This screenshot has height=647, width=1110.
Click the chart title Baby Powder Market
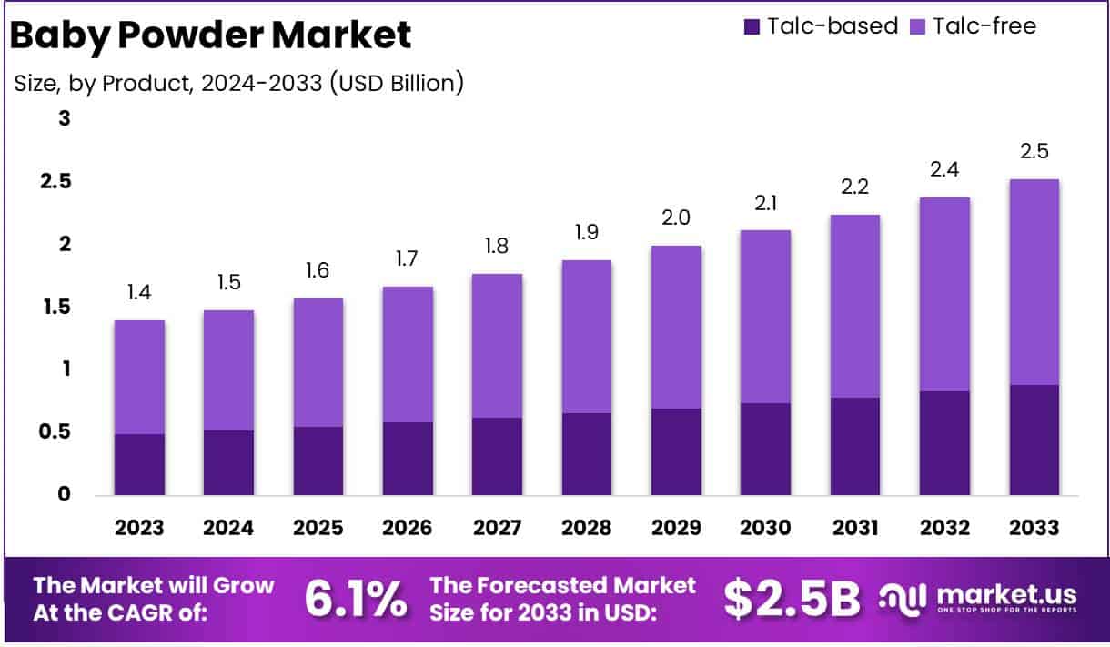click(211, 35)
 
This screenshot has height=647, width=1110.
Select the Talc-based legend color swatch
click(751, 26)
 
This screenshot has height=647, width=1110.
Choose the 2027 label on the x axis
click(498, 528)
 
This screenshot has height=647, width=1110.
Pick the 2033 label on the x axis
click(1034, 528)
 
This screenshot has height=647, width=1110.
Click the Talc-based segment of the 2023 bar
click(139, 464)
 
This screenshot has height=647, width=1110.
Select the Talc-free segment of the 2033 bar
click(1034, 282)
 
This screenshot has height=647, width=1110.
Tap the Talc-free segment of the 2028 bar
click(587, 337)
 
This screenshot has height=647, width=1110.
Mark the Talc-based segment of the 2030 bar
click(766, 449)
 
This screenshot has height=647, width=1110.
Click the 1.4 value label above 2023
click(139, 293)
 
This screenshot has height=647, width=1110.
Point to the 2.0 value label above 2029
click(676, 217)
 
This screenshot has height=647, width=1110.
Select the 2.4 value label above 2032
click(944, 169)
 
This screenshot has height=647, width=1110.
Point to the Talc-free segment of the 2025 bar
click(318, 362)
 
